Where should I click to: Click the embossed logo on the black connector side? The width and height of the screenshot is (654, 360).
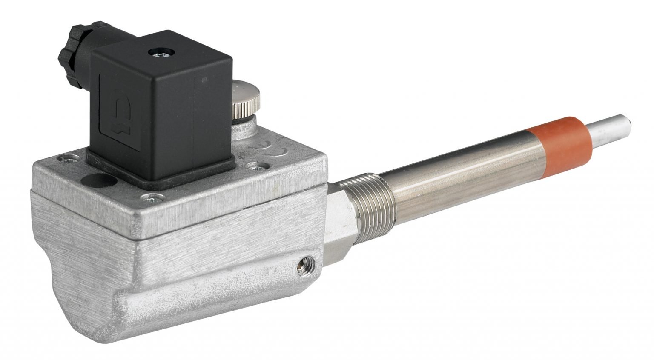(x=118, y=113)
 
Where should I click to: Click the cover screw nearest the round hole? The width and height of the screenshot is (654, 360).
(x=69, y=160)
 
